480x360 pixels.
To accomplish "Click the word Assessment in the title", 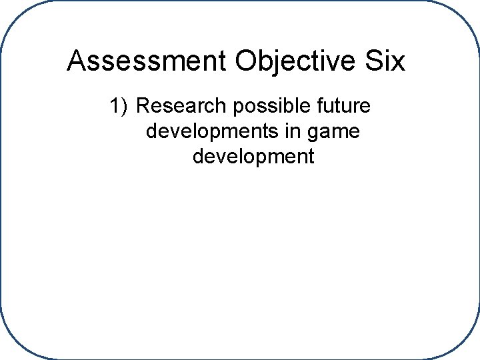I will coord(147,61).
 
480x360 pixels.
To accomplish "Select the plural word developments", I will coord(215,132).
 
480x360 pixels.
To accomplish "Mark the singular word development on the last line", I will coord(253,157).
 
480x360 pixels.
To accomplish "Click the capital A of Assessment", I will coord(76,61).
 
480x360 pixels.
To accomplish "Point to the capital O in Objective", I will coord(246,61).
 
